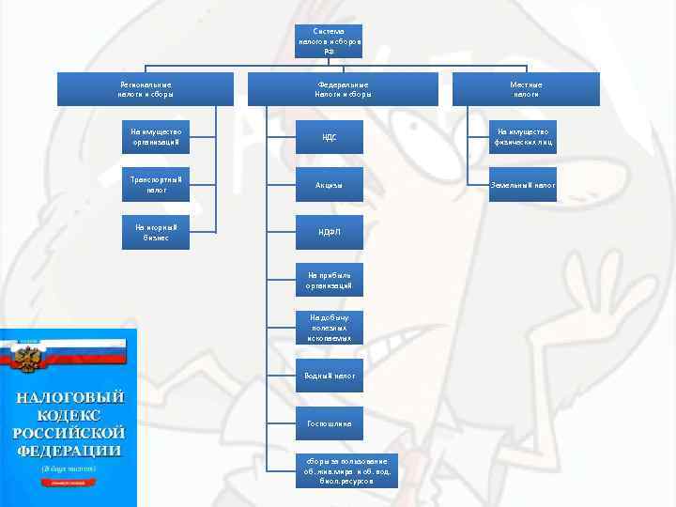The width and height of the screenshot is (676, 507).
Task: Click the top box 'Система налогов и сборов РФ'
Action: [x=329, y=41]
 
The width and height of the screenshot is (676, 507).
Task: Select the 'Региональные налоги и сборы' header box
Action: [x=146, y=89]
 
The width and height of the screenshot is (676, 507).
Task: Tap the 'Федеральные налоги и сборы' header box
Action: [x=343, y=89]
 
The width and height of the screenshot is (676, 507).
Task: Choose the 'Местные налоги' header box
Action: [x=526, y=89]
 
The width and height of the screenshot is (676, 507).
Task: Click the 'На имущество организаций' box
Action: [x=156, y=137]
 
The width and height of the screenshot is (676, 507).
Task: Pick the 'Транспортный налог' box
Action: [x=156, y=184]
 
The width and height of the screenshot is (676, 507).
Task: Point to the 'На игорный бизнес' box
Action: [x=156, y=232]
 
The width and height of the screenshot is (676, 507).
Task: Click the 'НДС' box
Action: [x=329, y=137]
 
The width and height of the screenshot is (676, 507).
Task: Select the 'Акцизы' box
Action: [x=329, y=184]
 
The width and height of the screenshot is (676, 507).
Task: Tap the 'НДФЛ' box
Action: [x=329, y=232]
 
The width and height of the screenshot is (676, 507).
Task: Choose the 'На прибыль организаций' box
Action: [x=329, y=280]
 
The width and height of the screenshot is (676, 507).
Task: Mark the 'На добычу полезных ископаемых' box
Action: [x=329, y=328]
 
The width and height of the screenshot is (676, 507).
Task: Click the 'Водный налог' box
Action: [x=329, y=376]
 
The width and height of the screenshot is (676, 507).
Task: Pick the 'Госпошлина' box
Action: [x=329, y=423]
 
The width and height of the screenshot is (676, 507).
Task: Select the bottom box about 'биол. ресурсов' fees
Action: [x=346, y=470]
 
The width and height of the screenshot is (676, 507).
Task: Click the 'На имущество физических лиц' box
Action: [x=524, y=137]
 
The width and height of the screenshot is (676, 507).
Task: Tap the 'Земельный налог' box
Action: [x=524, y=185]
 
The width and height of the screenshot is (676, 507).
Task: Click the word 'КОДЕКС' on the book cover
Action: [x=69, y=414]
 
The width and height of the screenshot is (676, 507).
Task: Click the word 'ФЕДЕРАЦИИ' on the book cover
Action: [x=69, y=450]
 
